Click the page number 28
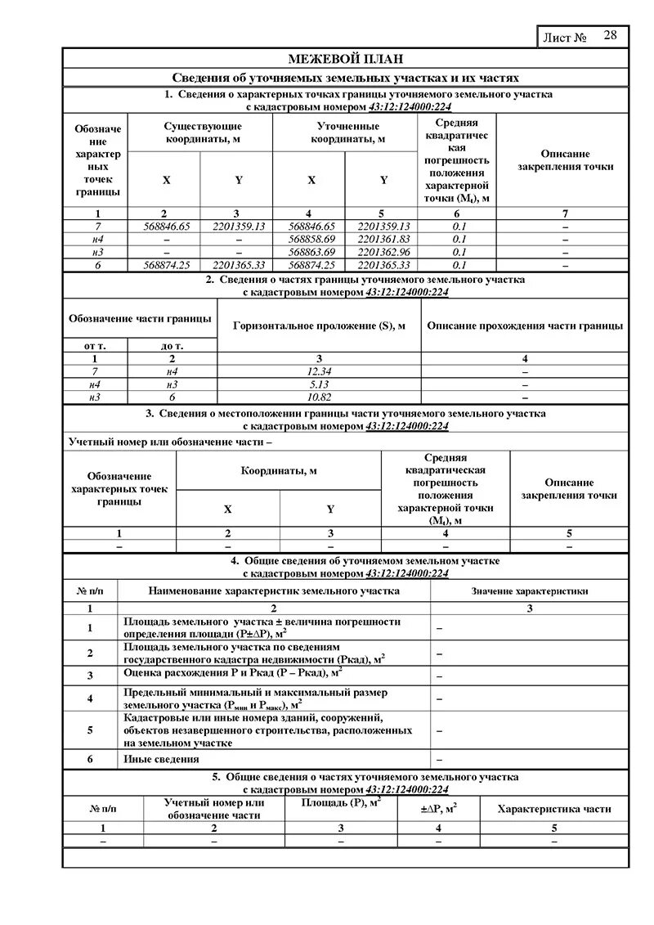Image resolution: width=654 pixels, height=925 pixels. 611,35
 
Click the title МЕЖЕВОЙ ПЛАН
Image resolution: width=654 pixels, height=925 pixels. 345,59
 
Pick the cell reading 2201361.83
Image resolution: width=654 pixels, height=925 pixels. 383,239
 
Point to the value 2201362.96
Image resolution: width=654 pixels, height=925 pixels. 383,252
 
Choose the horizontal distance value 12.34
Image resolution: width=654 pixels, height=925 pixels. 319,371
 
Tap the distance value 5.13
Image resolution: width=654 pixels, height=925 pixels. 319,384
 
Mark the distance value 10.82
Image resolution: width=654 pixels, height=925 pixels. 319,397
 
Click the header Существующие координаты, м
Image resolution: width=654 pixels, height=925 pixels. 203,132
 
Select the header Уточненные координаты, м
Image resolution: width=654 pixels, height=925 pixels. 347,132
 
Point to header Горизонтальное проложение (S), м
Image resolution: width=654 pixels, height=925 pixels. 319,326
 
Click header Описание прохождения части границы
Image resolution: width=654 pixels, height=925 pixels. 525,326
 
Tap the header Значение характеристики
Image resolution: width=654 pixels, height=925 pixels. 529,590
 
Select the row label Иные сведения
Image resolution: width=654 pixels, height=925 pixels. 161,759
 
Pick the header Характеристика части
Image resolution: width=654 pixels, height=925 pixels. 554,809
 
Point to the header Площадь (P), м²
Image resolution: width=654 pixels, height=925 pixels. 341,805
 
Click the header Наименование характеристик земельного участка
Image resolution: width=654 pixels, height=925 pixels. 274,590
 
